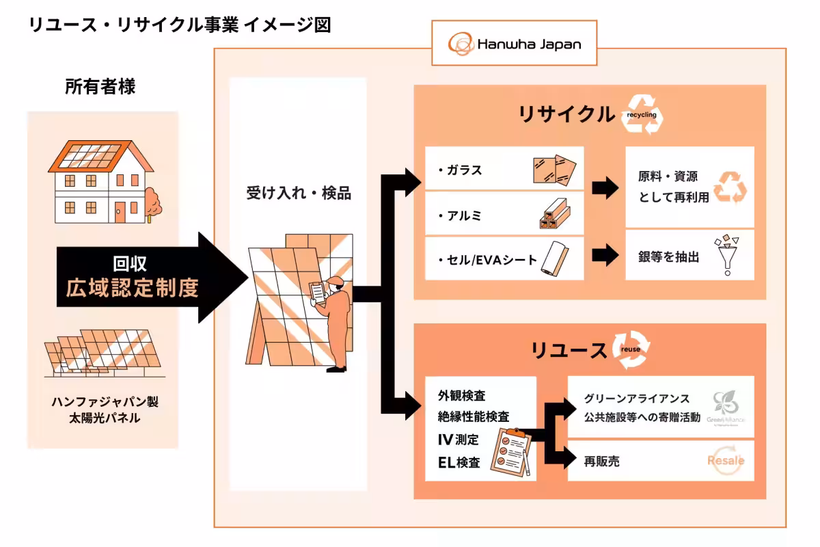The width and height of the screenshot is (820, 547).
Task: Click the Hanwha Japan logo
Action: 514,44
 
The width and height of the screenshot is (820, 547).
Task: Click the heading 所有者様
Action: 100,87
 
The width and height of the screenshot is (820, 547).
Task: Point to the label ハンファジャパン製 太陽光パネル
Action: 105,409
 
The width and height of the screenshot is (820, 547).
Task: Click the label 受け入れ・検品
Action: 299,193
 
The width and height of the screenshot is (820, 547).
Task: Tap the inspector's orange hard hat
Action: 334,281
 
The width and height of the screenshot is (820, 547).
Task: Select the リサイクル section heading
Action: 566,114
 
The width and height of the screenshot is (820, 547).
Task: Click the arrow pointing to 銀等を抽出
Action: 605,256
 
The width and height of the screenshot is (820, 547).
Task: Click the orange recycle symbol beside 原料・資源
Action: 730,187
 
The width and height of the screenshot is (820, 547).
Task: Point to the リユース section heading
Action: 569,351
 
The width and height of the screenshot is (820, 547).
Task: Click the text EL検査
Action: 459,462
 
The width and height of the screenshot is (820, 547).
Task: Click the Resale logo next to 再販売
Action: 725,460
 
